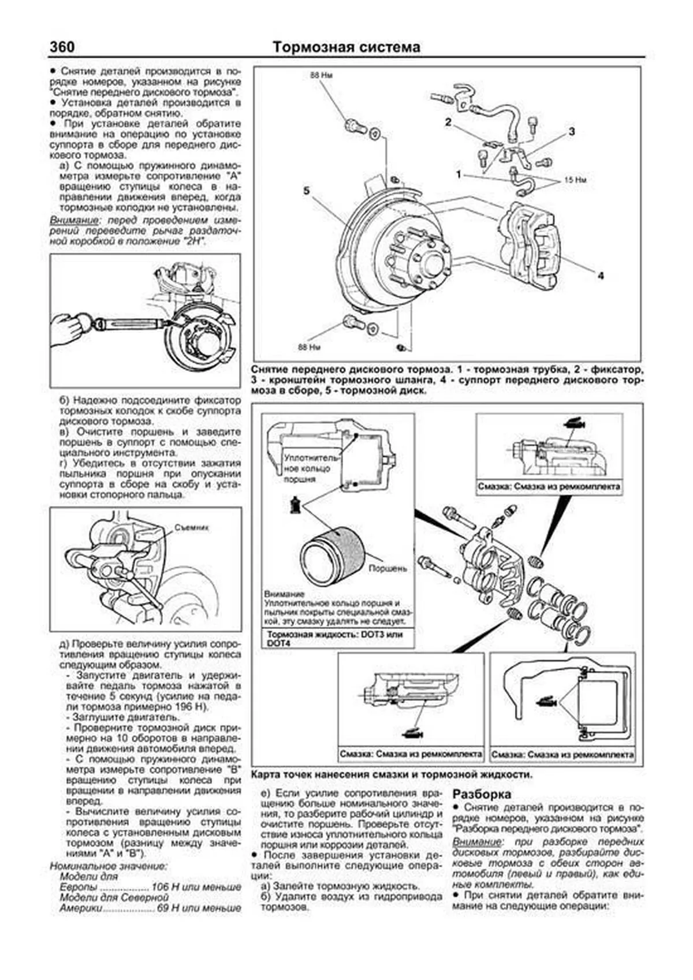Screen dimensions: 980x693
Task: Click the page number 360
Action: (x=62, y=47)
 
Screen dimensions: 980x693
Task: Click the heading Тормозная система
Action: (x=346, y=47)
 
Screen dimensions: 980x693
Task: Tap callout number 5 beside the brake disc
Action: (x=307, y=191)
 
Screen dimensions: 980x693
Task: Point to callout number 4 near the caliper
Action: (x=601, y=276)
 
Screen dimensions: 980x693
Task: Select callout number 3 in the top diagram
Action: (x=572, y=132)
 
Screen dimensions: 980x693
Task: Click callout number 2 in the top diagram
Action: (x=448, y=122)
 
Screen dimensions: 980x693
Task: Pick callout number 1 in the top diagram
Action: (x=459, y=174)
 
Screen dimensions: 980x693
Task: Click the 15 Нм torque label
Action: (x=575, y=180)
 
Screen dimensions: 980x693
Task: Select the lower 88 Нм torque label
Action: (x=310, y=347)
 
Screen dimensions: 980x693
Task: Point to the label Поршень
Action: (x=388, y=568)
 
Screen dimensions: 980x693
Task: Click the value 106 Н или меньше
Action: (x=196, y=887)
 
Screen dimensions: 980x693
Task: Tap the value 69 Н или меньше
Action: (x=199, y=908)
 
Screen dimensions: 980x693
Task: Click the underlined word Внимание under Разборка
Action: (x=470, y=841)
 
